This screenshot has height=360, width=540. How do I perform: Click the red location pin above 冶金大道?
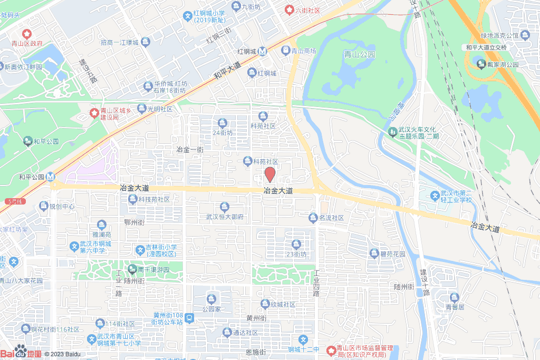269,174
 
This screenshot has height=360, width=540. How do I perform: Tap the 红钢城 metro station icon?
263,51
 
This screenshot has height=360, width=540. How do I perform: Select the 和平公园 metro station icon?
51,177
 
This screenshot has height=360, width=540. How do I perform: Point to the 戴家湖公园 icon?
481,64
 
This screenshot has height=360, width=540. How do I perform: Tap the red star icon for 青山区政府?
26,34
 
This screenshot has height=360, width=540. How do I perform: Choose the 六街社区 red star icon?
290,9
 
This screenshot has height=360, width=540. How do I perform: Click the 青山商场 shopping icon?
286,51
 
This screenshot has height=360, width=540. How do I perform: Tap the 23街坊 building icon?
296,244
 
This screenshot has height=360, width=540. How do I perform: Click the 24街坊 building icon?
223,123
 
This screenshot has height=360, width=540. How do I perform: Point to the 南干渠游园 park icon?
132,269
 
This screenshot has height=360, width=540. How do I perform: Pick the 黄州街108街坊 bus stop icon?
189,318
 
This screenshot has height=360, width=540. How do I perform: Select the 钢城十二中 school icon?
303,339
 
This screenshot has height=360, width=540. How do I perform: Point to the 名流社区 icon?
313,217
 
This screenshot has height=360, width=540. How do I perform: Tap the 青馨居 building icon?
454,297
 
